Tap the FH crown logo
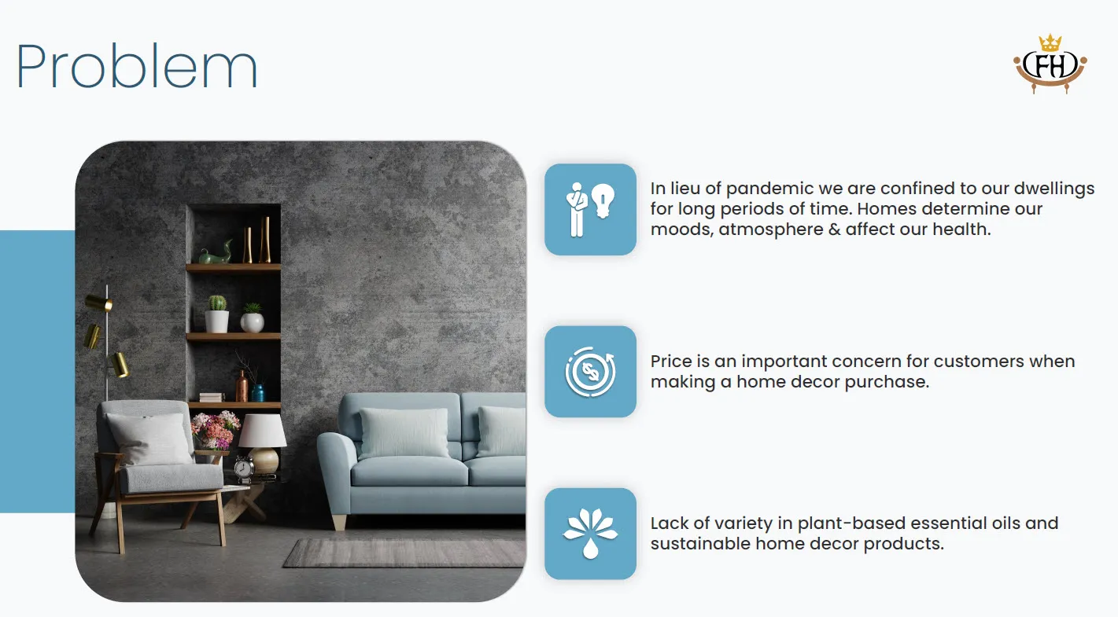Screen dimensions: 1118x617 pos(1050,64)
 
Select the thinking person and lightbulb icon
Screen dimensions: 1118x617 pos(590,210)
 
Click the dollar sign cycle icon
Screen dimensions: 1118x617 pos(590,372)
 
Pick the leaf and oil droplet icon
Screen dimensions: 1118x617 pos(590,533)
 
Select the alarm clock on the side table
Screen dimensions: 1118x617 pos(244,468)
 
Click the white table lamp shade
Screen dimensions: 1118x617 pos(263,431)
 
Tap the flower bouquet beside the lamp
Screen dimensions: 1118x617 pos(216,430)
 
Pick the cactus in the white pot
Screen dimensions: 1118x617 pos(216,303)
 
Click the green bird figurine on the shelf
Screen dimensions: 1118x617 pos(216,253)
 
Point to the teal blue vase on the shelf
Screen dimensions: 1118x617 pos(257,392)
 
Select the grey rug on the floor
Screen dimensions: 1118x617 pos(404,553)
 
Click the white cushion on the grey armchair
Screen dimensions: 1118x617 pos(149,439)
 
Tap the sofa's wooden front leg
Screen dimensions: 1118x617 pos(339,522)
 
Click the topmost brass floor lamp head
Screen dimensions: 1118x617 pos(98,303)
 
